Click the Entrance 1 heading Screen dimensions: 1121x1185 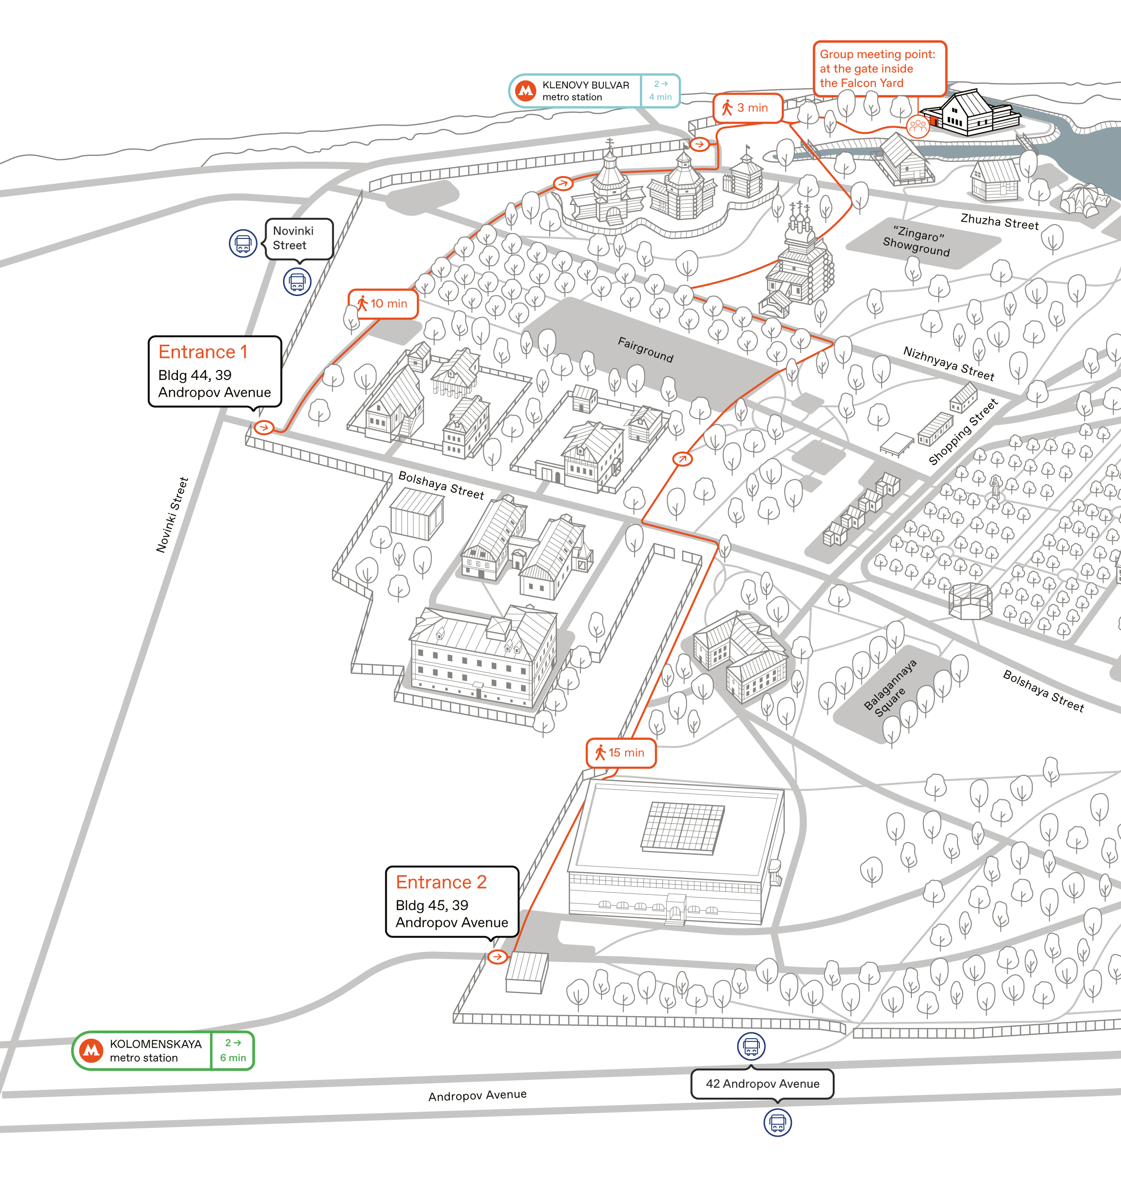click(202, 352)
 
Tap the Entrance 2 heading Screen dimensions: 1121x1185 click(441, 882)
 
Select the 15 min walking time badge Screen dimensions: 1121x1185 click(621, 753)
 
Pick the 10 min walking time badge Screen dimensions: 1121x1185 click(382, 304)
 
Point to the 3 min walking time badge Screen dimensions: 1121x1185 click(747, 108)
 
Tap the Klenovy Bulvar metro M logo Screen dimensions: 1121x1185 click(526, 91)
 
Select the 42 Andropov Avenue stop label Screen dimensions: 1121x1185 click(763, 1084)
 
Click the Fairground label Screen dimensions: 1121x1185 click(645, 350)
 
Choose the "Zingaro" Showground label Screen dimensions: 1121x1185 click(917, 240)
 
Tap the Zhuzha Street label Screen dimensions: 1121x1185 click(1000, 222)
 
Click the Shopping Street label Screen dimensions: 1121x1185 click(963, 431)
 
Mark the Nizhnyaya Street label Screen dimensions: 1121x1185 click(949, 363)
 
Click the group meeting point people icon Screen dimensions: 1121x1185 click(917, 126)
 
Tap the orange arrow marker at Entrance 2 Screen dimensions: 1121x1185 click(497, 957)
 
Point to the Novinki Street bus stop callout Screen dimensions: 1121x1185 click(299, 238)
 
